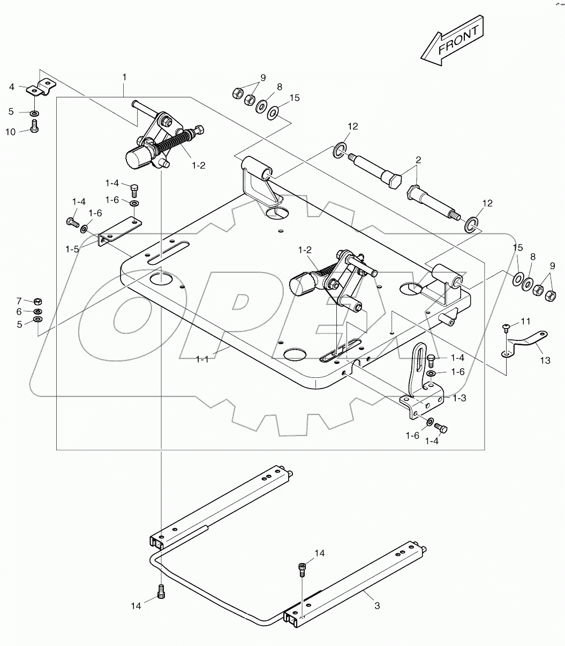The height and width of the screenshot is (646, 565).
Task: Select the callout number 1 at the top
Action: (124, 78)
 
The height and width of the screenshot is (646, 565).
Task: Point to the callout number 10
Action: (11, 132)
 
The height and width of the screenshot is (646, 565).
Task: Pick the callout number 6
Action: (18, 311)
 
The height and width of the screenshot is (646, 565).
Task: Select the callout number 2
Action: (418, 160)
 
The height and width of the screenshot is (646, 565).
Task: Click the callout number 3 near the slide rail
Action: (377, 606)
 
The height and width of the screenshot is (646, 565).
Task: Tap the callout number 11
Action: (525, 322)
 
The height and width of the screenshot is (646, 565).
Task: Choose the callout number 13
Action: (545, 361)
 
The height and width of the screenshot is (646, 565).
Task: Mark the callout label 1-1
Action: (202, 359)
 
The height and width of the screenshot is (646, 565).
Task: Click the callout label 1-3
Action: (459, 398)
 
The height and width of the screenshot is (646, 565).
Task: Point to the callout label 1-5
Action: (73, 249)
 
